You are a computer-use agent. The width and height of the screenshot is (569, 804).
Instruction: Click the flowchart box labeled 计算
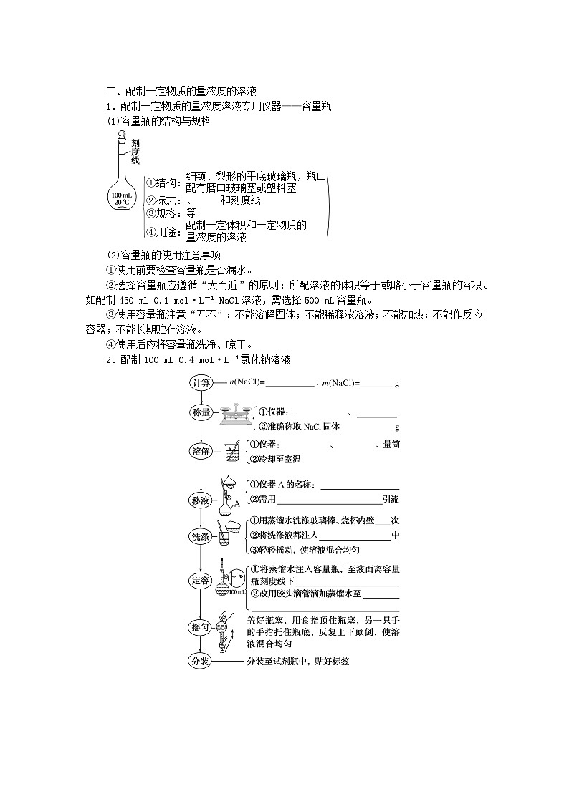point(201,383)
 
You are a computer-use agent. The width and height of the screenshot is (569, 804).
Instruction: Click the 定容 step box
point(201,581)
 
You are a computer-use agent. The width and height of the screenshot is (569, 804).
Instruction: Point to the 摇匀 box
point(201,627)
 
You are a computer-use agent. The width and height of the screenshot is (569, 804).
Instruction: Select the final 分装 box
point(201,662)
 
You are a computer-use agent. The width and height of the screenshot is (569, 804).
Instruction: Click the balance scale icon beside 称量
point(234,414)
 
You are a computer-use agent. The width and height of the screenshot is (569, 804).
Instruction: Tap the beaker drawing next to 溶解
point(232,451)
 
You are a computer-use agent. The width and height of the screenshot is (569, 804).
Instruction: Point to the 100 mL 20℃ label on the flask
point(121,198)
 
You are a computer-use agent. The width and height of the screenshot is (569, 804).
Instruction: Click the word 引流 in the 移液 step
point(391,500)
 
